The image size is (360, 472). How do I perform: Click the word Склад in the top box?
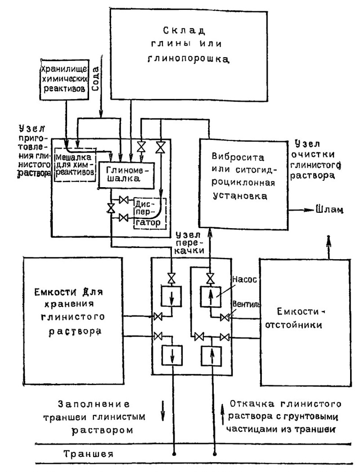[x=184, y=31]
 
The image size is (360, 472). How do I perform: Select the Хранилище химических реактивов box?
[x=64, y=80]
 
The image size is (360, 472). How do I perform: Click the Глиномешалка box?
[x=126, y=175]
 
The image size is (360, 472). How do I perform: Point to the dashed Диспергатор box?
[x=149, y=213]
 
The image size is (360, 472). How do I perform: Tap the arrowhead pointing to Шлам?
[x=310, y=210]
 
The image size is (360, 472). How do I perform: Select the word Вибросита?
[x=238, y=157]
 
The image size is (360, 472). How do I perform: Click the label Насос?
[x=244, y=279]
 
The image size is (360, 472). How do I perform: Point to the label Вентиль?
[x=247, y=304]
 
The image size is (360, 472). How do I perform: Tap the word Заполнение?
[x=94, y=404]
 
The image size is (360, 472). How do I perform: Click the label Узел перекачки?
[x=190, y=243]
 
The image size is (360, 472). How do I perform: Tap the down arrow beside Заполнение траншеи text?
[x=163, y=410]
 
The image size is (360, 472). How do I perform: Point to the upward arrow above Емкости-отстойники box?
[x=328, y=247]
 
